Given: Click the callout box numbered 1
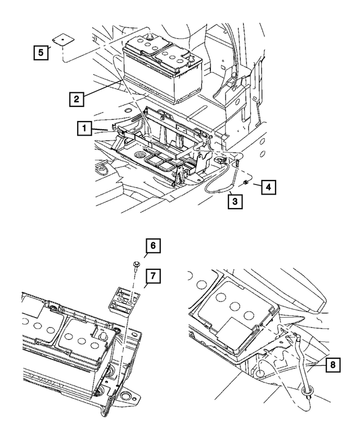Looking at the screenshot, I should (83, 129).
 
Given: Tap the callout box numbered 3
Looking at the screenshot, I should (235, 200).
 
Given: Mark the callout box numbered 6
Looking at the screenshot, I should (152, 246).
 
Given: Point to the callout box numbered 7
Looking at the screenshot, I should (152, 276).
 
